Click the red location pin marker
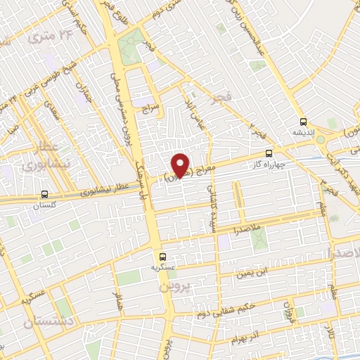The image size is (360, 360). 181,164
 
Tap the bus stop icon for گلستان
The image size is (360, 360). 45,195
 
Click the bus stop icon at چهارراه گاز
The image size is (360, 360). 269,153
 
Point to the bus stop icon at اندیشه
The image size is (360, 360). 303,120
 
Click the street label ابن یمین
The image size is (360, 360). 253,271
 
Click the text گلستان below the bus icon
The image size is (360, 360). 45,206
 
